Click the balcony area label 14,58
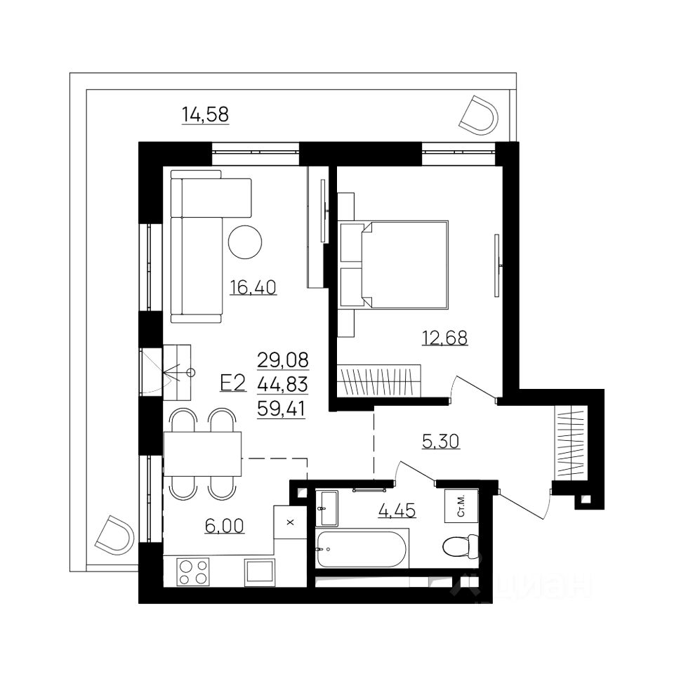[206, 114]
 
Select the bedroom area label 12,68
[444, 338]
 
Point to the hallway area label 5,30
[441, 442]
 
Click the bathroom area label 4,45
[397, 510]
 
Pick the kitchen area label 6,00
[225, 526]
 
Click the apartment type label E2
[233, 383]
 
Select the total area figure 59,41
[282, 409]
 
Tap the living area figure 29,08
[283, 360]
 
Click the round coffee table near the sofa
[245, 242]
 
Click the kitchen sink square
[259, 572]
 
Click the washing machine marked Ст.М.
[461, 505]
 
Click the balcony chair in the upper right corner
[478, 115]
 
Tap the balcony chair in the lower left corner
[114, 535]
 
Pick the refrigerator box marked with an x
[290, 522]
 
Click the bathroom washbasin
[326, 508]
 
